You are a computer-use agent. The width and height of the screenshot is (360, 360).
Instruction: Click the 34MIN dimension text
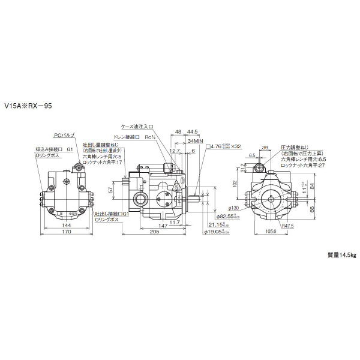coord(195,140)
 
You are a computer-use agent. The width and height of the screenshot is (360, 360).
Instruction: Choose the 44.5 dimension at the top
coord(192,131)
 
